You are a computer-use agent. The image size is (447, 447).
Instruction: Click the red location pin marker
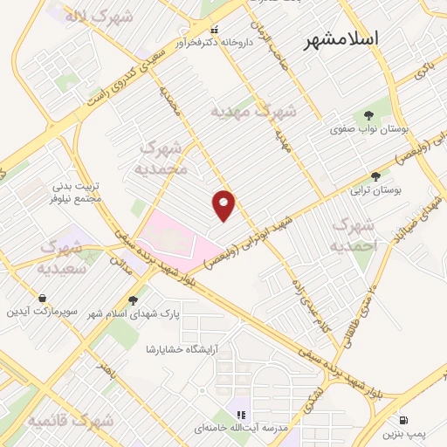pyautogui.click(x=223, y=205)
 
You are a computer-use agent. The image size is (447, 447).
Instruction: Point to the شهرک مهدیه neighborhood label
pyautogui.click(x=255, y=112)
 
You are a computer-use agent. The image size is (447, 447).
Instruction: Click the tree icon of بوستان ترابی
pyautogui.click(x=376, y=175)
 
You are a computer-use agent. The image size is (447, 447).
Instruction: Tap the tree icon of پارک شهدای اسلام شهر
pyautogui.click(x=134, y=299)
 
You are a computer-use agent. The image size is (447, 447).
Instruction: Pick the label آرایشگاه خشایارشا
pyautogui.click(x=182, y=348)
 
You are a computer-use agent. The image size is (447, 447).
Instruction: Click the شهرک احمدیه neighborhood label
pyautogui.click(x=353, y=235)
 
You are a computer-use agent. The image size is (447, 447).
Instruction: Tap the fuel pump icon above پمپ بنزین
pyautogui.click(x=404, y=419)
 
